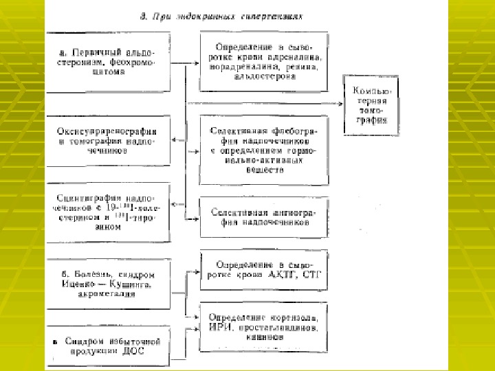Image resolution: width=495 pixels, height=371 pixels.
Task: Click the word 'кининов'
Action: tap(264, 337)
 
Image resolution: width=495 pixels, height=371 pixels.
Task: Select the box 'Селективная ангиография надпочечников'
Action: tap(264, 218)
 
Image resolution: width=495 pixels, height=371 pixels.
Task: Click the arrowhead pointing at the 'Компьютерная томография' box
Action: tap(340, 103)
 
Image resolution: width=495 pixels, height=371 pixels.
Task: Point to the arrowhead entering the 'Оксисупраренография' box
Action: tap(174, 140)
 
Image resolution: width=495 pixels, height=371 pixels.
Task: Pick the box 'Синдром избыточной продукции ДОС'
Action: tap(108, 345)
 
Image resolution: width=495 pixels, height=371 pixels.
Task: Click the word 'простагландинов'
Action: tap(276, 327)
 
